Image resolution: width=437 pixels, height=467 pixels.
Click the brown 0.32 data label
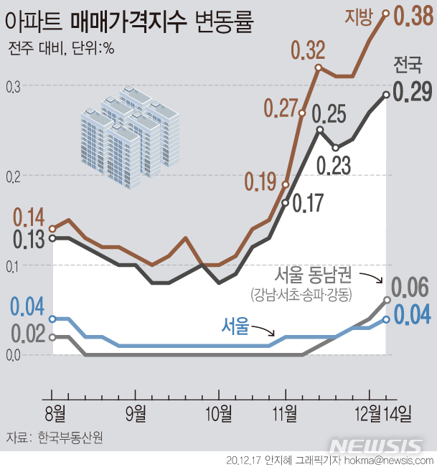308,50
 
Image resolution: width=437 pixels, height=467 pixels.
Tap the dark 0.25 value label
330,113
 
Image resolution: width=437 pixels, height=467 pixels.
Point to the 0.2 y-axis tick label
12,176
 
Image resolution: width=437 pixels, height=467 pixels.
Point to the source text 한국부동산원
70,438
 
